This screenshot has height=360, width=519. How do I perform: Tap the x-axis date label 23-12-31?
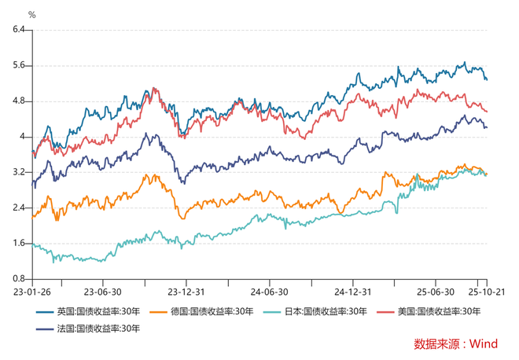(184, 290)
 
